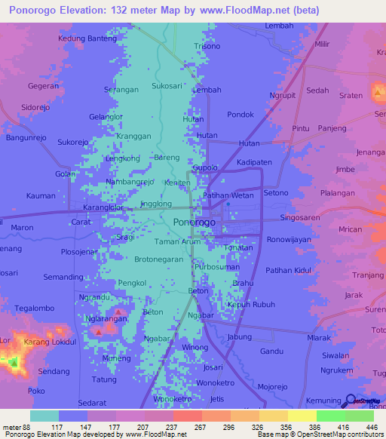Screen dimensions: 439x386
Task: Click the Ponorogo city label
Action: [194, 223]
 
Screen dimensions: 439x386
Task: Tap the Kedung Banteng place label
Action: [87, 38]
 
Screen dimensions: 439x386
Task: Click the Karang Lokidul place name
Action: [51, 342]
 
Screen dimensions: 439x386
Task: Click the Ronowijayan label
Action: [289, 240]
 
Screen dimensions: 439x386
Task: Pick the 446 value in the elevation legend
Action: [372, 426]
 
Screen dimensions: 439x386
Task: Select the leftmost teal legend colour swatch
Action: [44, 416]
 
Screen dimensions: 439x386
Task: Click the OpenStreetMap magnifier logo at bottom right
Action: [350, 401]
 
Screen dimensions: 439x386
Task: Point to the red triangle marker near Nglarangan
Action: [118, 312]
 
